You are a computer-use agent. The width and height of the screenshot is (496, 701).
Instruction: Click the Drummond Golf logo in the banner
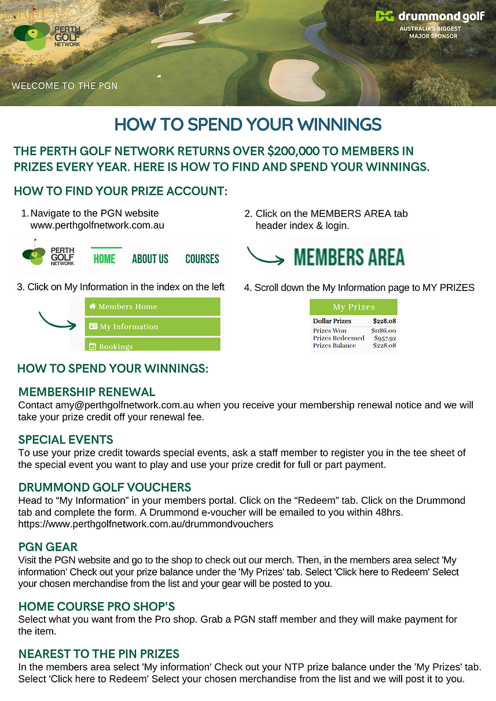(429, 16)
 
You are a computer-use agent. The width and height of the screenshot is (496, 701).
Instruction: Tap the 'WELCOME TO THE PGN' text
(64, 86)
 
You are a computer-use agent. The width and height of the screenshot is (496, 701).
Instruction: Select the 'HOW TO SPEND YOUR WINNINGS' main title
(248, 124)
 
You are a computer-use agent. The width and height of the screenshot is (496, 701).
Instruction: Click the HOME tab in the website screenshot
(104, 259)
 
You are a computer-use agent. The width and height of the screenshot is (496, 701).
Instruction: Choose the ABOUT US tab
(150, 259)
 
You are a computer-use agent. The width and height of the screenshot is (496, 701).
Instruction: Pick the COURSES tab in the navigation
(202, 259)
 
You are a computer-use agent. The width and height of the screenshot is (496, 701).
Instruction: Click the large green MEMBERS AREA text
(349, 257)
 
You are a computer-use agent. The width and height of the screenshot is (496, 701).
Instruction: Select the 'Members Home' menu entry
(152, 307)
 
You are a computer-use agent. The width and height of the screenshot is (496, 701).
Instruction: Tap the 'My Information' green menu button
(152, 327)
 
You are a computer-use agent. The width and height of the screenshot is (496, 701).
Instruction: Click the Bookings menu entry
(152, 346)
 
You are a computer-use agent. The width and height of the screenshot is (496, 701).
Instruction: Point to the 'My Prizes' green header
(354, 307)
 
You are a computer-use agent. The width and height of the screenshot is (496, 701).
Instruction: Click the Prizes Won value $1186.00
(384, 331)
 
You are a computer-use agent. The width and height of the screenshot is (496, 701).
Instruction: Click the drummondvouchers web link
(145, 525)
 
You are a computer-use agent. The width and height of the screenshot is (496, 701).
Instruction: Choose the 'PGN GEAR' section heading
(48, 547)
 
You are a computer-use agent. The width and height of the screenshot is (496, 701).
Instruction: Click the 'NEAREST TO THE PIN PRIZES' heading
(99, 654)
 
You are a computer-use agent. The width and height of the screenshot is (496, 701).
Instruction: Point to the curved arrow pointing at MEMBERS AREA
(265, 256)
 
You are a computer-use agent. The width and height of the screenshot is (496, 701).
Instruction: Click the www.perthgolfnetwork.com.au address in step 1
(97, 225)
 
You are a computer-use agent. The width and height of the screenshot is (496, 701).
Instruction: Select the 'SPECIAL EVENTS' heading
(66, 440)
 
